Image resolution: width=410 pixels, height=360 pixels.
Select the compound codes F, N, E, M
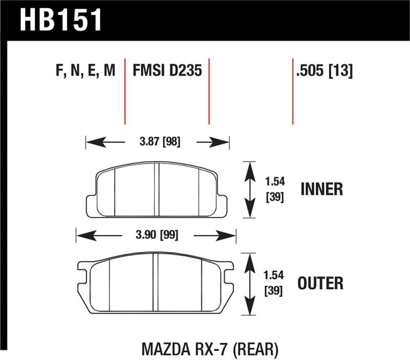[x=85, y=70]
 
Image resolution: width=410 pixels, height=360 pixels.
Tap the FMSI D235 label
[x=167, y=70]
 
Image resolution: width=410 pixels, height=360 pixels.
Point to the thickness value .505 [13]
[x=324, y=70]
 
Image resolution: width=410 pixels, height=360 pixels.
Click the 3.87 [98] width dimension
[x=157, y=142]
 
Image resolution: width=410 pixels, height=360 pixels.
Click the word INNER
[x=321, y=189]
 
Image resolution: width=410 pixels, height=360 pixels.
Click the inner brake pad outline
[x=157, y=190]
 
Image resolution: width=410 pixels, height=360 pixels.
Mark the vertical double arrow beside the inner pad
[x=249, y=189]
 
